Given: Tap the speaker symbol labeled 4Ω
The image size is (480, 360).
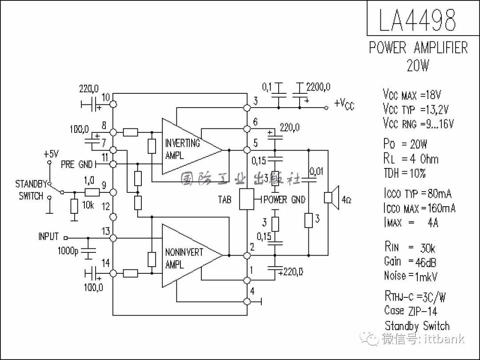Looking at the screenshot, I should click(331, 197).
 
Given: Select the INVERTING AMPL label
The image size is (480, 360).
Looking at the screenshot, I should click(182, 149).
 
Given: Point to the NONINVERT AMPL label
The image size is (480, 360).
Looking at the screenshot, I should click(184, 258).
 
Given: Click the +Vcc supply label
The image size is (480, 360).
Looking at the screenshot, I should click(344, 104).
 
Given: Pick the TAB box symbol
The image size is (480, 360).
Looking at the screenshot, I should click(247, 199).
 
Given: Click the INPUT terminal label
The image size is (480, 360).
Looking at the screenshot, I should click(48, 236).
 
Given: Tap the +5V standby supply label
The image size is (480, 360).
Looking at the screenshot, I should click(51, 154).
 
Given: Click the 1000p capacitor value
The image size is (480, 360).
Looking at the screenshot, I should click(68, 251).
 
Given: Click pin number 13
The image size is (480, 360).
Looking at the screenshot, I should click(105, 231).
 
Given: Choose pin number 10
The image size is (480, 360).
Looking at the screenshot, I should click(106, 97).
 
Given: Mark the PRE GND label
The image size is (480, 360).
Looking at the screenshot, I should click(77, 164).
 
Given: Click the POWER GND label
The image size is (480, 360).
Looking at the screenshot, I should click(284, 200).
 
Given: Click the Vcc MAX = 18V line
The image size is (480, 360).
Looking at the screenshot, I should click(412, 95).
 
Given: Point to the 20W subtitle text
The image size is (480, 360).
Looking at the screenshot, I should click(418, 66).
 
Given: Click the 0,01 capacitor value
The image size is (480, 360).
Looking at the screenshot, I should click(316, 171).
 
